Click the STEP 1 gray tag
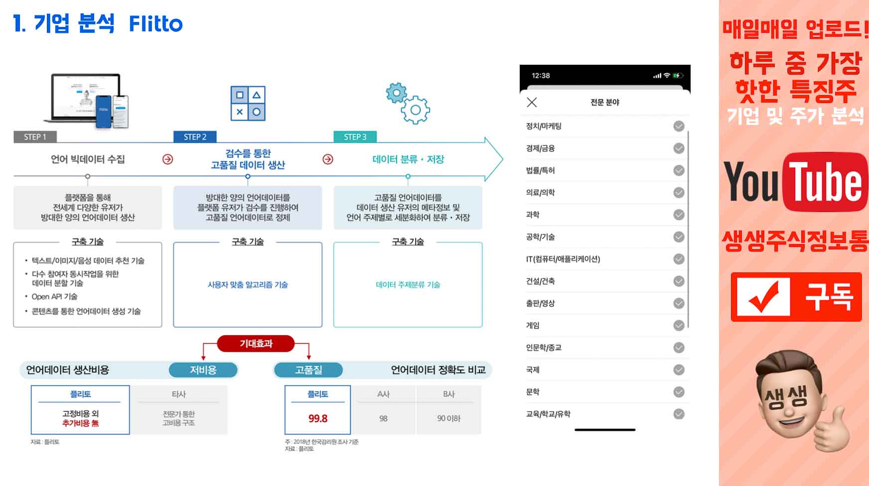pyautogui.click(x=35, y=137)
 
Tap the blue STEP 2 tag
pyautogui.click(x=195, y=137)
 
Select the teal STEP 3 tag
pyautogui.click(x=355, y=137)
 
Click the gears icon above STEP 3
pyautogui.click(x=408, y=103)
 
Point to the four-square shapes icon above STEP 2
pyautogui.click(x=248, y=103)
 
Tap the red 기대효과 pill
pyautogui.click(x=256, y=344)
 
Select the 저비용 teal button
pyautogui.click(x=203, y=370)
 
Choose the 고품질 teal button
pyautogui.click(x=308, y=370)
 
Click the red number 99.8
pyautogui.click(x=318, y=419)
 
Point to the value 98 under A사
pyautogui.click(x=383, y=419)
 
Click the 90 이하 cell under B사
pyautogui.click(x=448, y=419)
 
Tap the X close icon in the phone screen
pyautogui.click(x=532, y=102)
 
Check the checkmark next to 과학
pyautogui.click(x=679, y=215)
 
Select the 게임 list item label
pyautogui.click(x=533, y=326)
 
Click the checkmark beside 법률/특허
pyautogui.click(x=679, y=170)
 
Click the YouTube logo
pyautogui.click(x=795, y=182)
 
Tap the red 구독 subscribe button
pyautogui.click(x=796, y=297)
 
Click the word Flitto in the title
pyautogui.click(x=155, y=24)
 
